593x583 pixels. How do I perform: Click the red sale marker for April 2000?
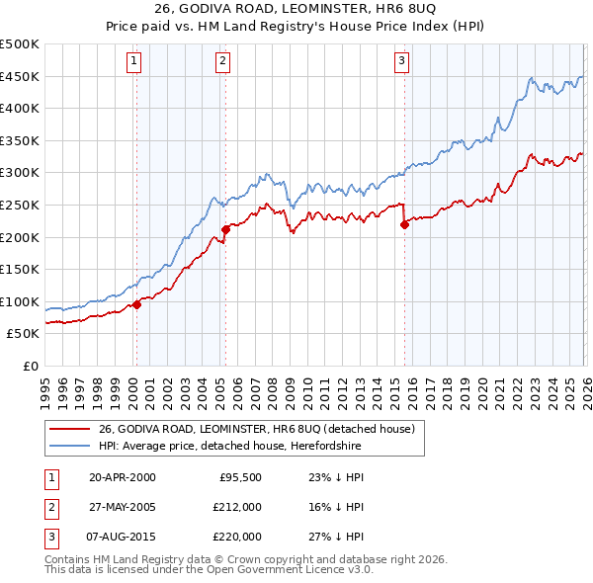coord(136,304)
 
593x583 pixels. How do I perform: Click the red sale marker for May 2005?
coord(225,229)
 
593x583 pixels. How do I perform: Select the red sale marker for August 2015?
coord(404,224)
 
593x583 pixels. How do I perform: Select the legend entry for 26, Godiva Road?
coord(261,429)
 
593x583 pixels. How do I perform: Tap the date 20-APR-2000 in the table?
coord(122,476)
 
